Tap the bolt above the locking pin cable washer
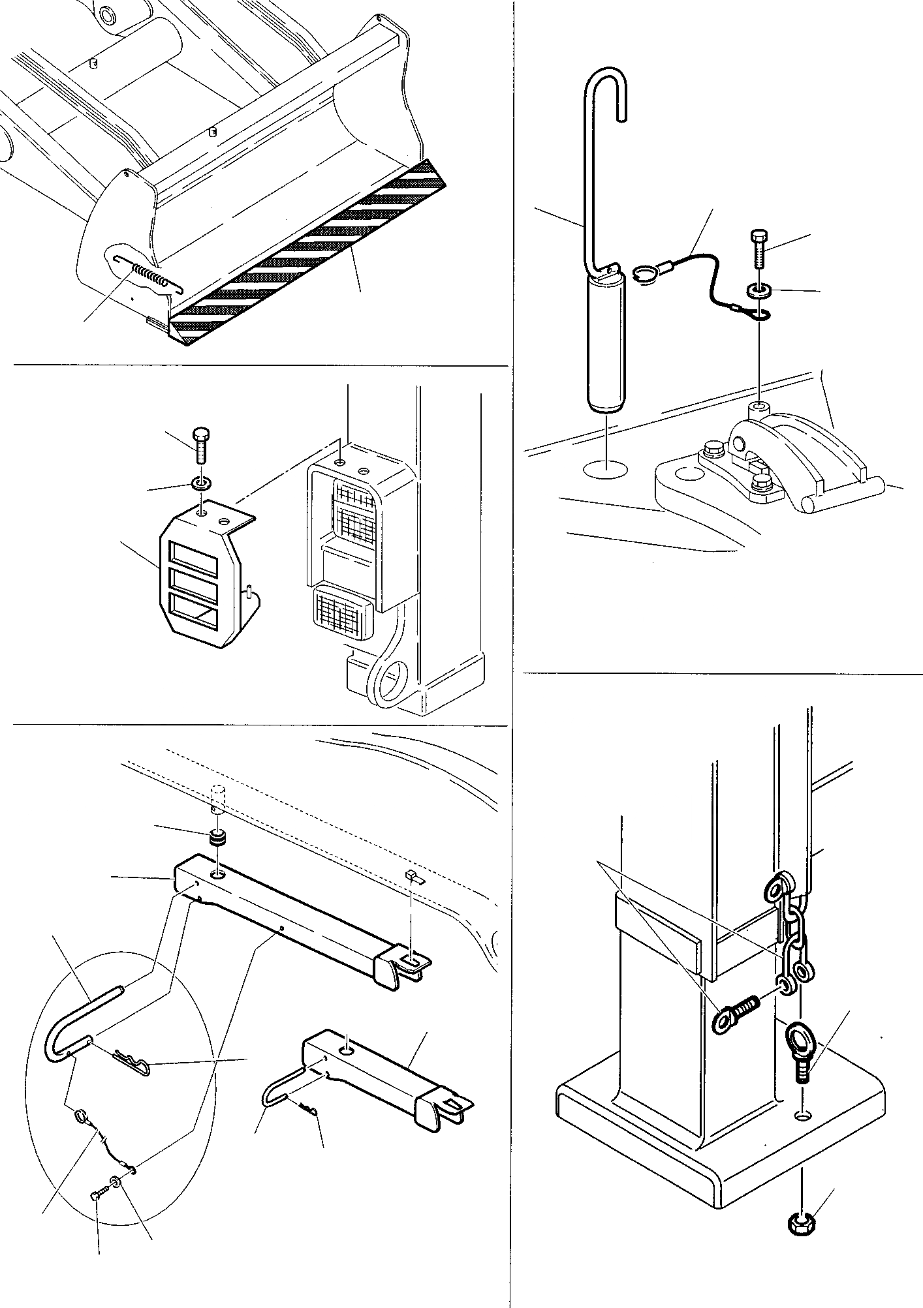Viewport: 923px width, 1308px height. click(759, 249)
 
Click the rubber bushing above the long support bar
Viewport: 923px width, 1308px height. click(217, 838)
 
